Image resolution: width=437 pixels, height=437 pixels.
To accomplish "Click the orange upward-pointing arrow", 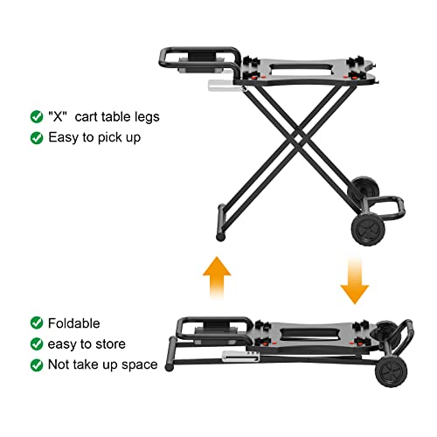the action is click(x=217, y=278).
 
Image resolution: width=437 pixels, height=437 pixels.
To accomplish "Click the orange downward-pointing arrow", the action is click(x=355, y=281).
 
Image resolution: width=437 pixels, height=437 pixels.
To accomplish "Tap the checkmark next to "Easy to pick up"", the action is click(x=37, y=138).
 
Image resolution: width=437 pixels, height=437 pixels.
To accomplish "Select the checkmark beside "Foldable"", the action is click(x=37, y=323).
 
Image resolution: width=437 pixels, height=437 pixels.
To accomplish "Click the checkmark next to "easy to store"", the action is click(x=37, y=344).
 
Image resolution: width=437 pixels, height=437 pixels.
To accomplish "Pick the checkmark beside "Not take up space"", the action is click(x=37, y=364).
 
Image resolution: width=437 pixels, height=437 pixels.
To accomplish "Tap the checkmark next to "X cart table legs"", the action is click(x=37, y=117).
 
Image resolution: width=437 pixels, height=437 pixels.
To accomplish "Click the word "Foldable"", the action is click(x=73, y=323).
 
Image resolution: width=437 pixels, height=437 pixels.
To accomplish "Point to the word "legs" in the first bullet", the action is click(x=147, y=118).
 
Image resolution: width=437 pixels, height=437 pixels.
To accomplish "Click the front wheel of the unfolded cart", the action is click(x=368, y=229).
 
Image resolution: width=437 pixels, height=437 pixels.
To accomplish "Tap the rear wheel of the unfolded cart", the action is click(x=364, y=190).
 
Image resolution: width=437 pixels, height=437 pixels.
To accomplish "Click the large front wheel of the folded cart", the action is click(x=392, y=371).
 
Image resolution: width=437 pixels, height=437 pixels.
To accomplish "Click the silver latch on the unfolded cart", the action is click(x=225, y=87).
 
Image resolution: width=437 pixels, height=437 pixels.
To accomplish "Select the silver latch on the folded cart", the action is click(x=240, y=357).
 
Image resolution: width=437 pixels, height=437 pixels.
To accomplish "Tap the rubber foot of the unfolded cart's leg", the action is click(x=220, y=237).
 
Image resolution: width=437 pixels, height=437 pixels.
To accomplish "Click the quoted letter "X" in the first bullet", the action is click(x=58, y=116).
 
